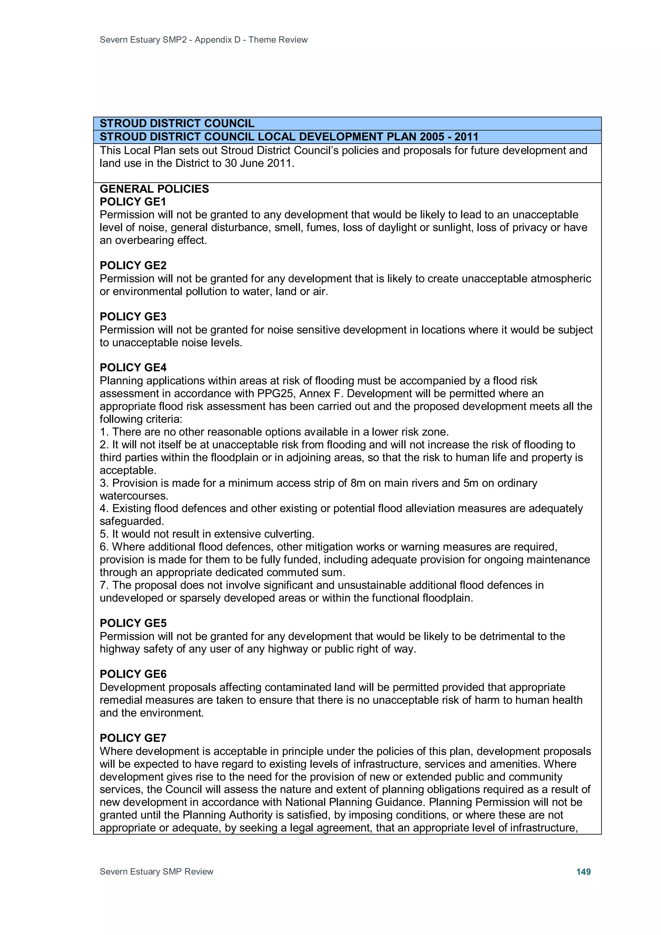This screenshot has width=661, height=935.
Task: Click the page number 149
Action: pyautogui.click(x=583, y=871)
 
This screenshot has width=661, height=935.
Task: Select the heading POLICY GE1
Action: pyautogui.click(x=133, y=202)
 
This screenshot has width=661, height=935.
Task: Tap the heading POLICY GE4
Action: pyautogui.click(x=133, y=367)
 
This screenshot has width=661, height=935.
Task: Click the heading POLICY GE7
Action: pyautogui.click(x=133, y=737)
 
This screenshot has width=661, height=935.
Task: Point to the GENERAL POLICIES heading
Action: pyautogui.click(x=154, y=189)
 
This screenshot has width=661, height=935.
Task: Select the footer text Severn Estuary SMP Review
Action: pyautogui.click(x=157, y=871)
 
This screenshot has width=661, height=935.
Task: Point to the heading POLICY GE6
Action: pyautogui.click(x=133, y=674)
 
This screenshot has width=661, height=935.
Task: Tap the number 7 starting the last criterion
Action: pyautogui.click(x=103, y=585)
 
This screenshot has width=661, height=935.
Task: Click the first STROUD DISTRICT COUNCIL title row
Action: pyautogui.click(x=177, y=123)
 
